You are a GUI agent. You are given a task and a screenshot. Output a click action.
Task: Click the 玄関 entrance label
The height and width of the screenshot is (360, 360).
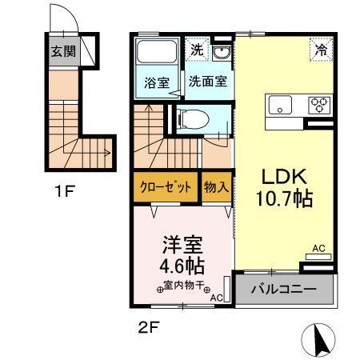[64, 54]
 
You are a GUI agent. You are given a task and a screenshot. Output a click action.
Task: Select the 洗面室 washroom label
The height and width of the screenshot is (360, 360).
[206, 81]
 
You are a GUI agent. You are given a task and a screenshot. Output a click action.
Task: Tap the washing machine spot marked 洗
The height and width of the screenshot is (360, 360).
[197, 50]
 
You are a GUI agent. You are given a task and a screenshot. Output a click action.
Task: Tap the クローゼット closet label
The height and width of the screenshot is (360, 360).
[166, 189]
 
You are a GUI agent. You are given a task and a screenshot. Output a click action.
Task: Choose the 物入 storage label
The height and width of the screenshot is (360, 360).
[216, 189]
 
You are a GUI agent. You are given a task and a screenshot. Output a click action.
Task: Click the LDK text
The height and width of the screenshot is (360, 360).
[280, 178]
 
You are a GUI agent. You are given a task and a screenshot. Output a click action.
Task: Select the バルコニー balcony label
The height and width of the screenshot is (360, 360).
[281, 290]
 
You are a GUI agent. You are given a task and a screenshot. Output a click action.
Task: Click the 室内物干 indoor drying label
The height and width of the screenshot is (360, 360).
[183, 286]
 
